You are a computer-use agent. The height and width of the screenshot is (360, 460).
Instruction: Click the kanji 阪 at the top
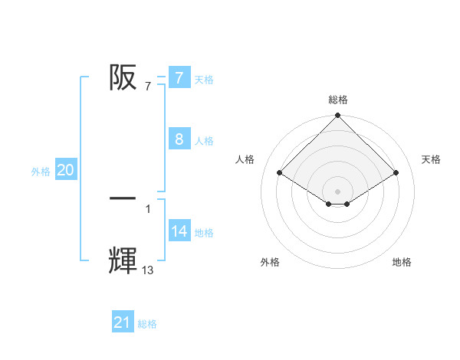(123, 77)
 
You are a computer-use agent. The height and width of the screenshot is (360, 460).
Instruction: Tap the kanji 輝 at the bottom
(123, 261)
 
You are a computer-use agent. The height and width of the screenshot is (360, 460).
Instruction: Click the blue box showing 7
(179, 77)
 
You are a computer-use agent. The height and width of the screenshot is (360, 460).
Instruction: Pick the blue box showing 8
(179, 139)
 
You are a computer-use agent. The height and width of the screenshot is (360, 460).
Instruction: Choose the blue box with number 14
(179, 231)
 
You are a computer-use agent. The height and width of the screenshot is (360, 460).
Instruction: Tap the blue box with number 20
(65, 170)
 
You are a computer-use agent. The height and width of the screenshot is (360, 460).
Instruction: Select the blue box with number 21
(123, 322)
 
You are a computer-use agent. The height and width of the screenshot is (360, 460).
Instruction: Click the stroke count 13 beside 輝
(147, 270)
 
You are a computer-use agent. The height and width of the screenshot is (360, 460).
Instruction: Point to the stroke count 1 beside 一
(148, 208)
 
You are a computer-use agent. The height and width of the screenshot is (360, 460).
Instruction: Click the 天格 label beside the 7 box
(204, 79)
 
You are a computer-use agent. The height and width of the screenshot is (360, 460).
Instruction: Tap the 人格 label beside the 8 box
(204, 141)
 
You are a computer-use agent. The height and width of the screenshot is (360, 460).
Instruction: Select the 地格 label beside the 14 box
(204, 233)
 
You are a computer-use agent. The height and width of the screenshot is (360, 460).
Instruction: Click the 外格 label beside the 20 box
(41, 172)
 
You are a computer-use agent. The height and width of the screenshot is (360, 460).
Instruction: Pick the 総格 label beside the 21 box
(147, 324)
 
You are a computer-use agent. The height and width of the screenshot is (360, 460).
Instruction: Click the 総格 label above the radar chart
(338, 100)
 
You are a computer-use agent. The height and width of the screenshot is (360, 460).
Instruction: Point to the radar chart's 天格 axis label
(432, 159)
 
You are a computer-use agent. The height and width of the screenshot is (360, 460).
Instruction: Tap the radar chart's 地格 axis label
(402, 262)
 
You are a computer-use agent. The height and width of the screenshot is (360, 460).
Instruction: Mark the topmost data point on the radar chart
(338, 116)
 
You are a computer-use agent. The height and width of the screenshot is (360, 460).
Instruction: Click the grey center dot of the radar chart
(338, 191)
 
